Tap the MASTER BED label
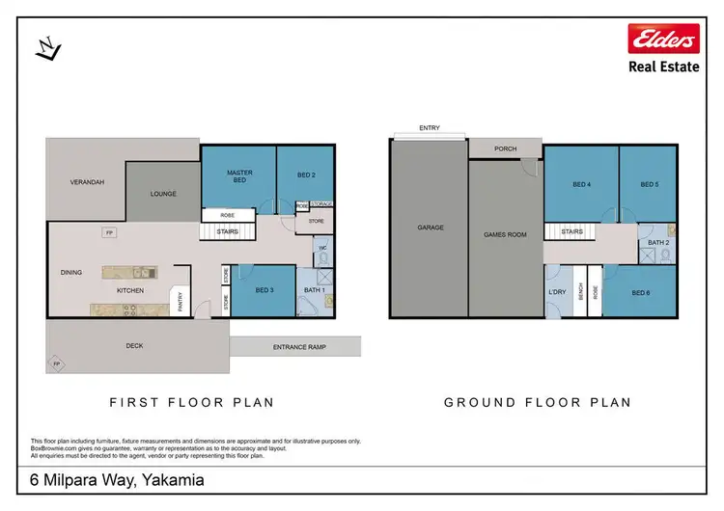point(239,176)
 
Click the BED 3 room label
point(265,290)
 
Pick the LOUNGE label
point(163,194)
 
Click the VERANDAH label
point(87,181)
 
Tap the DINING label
point(71,273)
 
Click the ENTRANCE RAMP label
point(294,346)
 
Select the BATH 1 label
point(314,290)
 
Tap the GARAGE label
point(430,228)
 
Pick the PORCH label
point(505,148)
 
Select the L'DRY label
point(556,291)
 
